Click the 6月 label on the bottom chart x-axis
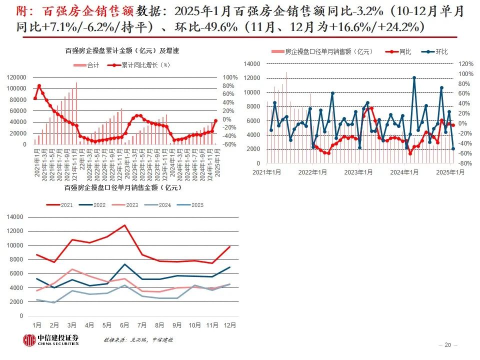coord(124,325)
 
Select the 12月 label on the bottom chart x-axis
coord(229,325)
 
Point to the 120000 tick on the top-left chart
coord(17,77)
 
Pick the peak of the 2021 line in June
coord(124,225)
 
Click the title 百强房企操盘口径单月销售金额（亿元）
coord(122,187)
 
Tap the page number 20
coord(447,345)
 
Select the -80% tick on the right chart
coord(465,163)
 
